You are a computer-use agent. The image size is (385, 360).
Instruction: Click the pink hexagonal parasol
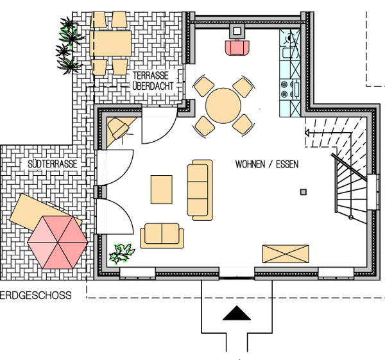58,242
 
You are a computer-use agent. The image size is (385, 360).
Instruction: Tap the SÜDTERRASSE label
53,164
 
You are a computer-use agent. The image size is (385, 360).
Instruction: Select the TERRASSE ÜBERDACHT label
153,81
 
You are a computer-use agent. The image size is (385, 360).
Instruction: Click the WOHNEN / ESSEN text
267,164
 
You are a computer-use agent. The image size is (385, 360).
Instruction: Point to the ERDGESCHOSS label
35,295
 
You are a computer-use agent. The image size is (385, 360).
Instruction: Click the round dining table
223,106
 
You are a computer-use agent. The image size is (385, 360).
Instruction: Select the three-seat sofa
200,190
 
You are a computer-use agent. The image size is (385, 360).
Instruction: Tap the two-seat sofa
162,236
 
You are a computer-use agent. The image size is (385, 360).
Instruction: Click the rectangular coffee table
161,189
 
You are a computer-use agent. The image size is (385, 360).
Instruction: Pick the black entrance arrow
237,313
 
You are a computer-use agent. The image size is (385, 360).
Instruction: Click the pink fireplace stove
237,47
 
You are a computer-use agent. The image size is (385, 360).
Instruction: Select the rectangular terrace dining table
110,43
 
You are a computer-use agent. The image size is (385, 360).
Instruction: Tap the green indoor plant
122,254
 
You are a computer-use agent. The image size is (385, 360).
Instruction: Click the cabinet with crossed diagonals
286,253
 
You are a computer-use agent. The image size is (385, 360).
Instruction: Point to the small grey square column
304,192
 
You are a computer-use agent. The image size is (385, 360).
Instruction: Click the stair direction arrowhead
307,133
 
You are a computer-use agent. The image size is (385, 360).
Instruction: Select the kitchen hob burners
287,89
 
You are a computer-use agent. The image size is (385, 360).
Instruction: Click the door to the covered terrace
159,125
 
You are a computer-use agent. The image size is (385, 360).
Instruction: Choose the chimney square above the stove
237,31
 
